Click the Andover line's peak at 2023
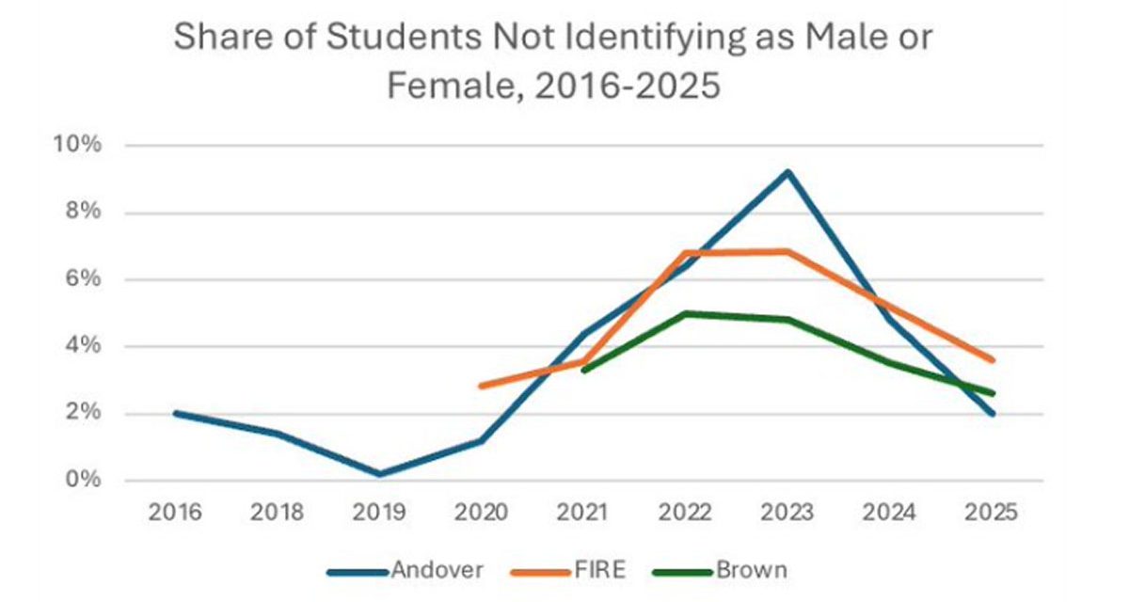(787, 172)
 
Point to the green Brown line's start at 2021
(583, 371)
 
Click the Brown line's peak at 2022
(685, 313)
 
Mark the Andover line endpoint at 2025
(992, 413)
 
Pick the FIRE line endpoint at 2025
(992, 359)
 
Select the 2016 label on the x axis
(177, 514)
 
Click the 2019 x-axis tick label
(380, 514)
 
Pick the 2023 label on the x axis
(787, 514)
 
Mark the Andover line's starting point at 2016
(177, 413)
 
